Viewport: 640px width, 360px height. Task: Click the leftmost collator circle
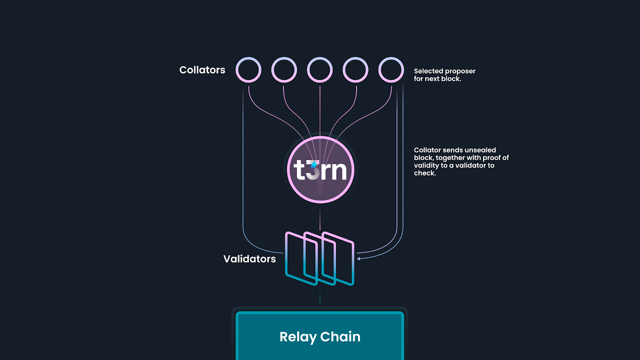[x=248, y=70]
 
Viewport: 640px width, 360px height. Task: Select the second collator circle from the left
[x=284, y=70]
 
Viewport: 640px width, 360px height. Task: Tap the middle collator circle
[x=320, y=70]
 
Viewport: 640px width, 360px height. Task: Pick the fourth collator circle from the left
[x=356, y=70]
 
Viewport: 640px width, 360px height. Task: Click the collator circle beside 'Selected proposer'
[x=391, y=70]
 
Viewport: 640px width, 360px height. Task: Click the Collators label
[x=202, y=70]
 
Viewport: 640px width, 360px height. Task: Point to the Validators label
[x=249, y=259]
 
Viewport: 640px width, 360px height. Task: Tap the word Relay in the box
[x=298, y=337]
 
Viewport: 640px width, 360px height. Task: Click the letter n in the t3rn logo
[x=338, y=171]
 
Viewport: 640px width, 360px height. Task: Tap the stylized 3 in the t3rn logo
[x=314, y=170]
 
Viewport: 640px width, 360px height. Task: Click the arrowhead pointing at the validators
[x=359, y=258]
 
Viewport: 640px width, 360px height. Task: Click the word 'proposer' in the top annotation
[x=460, y=71]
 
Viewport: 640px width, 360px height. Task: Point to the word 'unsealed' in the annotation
[x=480, y=150]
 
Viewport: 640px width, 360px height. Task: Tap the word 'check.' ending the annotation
[x=425, y=173]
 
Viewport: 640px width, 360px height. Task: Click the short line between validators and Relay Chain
[x=320, y=298]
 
